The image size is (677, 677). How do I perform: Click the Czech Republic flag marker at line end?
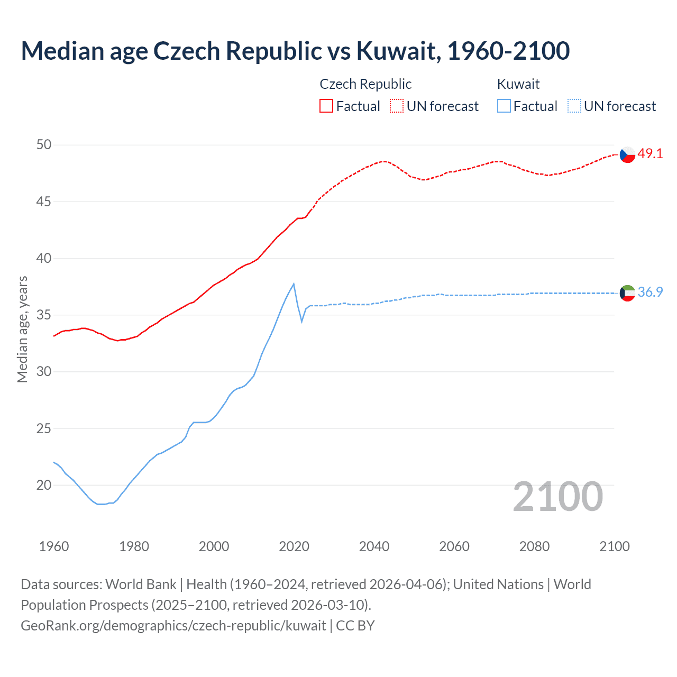coord(627,154)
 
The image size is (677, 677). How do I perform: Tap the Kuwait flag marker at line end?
coord(627,293)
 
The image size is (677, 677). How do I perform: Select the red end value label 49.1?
coord(650,154)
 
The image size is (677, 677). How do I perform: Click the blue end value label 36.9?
coord(650,292)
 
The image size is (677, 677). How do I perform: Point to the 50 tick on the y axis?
coord(44,145)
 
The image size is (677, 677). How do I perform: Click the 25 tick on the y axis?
coord(44,428)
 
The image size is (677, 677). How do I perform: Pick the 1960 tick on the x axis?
coord(54,546)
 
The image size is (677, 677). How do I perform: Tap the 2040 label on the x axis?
coord(374,546)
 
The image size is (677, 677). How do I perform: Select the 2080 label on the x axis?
coord(534,546)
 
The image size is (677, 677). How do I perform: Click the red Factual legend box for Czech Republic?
coord(326,106)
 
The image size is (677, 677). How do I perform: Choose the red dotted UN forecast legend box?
coord(397,106)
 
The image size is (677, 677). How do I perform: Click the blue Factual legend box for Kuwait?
coord(504,106)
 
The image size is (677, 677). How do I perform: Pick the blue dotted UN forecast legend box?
coord(574,106)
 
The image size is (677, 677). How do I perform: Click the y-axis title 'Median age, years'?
coord(22,329)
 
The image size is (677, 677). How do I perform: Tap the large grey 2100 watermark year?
coord(557,497)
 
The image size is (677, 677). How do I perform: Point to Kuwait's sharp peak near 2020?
coord(294,284)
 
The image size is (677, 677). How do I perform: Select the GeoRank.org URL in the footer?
coord(173,626)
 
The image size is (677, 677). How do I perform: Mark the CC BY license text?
coord(355,626)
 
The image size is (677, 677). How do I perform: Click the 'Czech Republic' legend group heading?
coord(365,84)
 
